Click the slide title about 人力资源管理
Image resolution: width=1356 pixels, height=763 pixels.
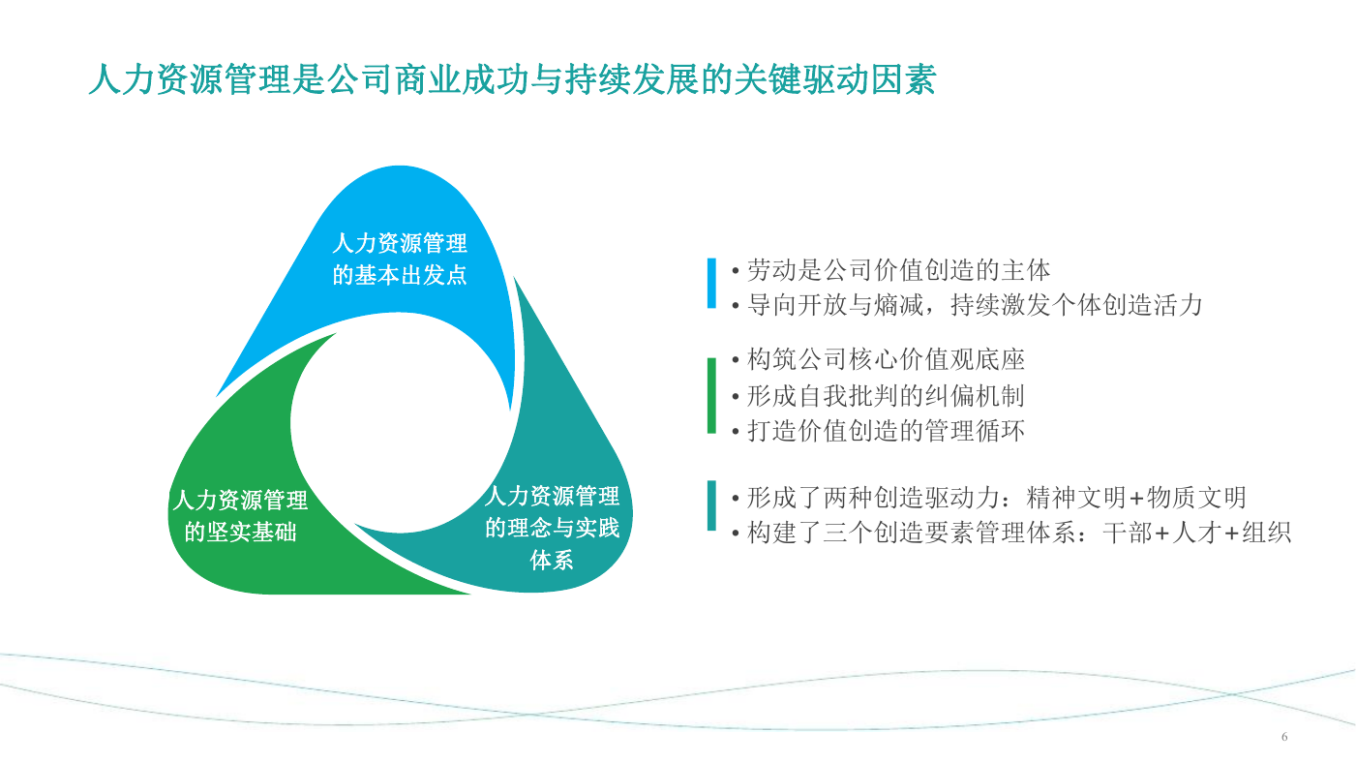tap(513, 79)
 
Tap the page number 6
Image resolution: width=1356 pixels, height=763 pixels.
tap(1284, 737)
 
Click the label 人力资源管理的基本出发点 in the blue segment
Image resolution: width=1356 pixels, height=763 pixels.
tap(400, 259)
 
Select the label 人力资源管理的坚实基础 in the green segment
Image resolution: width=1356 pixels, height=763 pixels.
tap(240, 516)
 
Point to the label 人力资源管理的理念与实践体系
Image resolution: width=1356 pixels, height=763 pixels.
tap(552, 528)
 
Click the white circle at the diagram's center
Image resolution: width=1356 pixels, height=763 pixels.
tap(400, 423)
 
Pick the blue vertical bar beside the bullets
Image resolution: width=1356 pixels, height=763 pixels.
tap(711, 283)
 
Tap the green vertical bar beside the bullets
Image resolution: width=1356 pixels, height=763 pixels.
tap(711, 395)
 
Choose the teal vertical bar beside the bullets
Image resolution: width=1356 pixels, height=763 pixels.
tap(711, 505)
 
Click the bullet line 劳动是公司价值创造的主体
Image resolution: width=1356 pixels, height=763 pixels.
tap(891, 270)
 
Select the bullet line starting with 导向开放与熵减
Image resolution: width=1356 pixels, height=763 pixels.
tap(967, 305)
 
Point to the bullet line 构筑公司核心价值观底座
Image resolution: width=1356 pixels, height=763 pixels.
tap(879, 359)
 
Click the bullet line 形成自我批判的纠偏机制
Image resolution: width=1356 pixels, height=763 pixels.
tap(879, 396)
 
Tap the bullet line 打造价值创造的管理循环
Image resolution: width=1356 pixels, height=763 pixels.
tap(879, 431)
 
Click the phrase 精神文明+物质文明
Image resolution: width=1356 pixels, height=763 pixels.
tap(1136, 498)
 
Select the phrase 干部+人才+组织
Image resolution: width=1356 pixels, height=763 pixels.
tap(1197, 533)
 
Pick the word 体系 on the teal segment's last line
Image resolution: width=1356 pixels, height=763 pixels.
tap(552, 560)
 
